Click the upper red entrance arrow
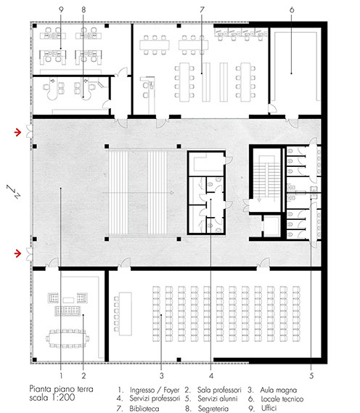click(x=17, y=132)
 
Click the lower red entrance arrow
click(x=17, y=253)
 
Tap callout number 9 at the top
click(x=61, y=9)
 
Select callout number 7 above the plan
click(x=202, y=9)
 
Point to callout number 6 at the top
click(x=292, y=9)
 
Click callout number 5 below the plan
click(x=311, y=375)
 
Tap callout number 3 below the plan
click(x=161, y=375)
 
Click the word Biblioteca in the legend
click(x=144, y=409)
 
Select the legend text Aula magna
click(x=279, y=390)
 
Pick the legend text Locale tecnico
click(x=282, y=399)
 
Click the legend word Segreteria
click(x=213, y=409)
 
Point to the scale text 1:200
click(x=63, y=398)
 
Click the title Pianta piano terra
click(x=61, y=389)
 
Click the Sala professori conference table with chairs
click(x=67, y=338)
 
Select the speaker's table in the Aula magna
click(x=125, y=314)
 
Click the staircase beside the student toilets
click(x=266, y=179)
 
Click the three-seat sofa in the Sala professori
click(x=67, y=311)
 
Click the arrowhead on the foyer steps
click(x=172, y=193)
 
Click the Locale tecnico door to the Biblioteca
click(x=272, y=109)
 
